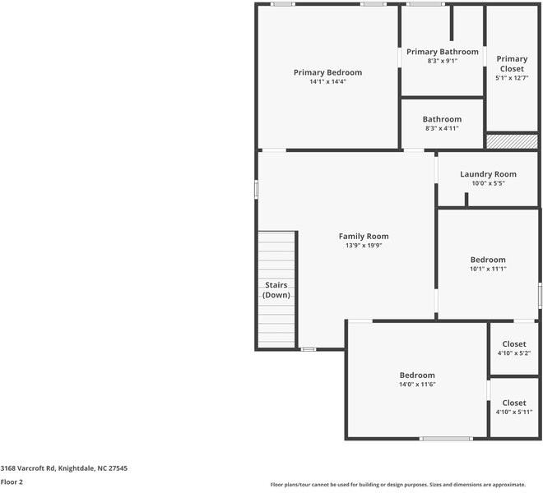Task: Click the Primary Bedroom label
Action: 327,72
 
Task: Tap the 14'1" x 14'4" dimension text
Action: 327,82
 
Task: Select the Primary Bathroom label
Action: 442,52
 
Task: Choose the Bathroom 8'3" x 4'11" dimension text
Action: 442,128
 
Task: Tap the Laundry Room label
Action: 488,174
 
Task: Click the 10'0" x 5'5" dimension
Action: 488,183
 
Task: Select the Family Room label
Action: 364,236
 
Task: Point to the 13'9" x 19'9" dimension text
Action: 364,246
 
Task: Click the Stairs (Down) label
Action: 276,289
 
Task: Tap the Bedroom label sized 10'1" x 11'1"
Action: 488,260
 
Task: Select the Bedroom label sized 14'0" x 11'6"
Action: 417,376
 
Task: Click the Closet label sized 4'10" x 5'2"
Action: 514,344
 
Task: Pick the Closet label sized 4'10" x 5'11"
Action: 514,403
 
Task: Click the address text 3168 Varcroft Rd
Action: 63,468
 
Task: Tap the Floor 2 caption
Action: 12,482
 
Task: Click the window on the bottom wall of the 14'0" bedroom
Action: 446,438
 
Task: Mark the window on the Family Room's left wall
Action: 257,189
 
